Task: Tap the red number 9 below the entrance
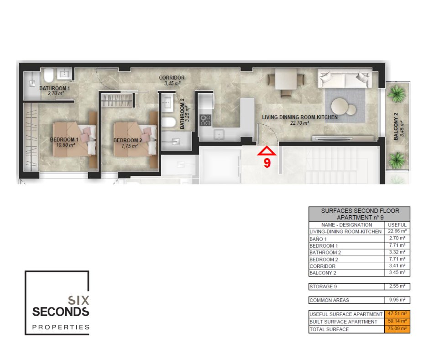click(267, 163)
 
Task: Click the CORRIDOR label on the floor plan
click(172, 78)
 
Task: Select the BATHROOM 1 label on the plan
click(55, 88)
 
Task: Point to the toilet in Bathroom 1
click(49, 75)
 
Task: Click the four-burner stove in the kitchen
click(205, 120)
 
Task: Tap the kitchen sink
click(219, 135)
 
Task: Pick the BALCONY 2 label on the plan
click(396, 127)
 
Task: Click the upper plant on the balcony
click(396, 93)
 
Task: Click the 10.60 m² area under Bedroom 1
click(65, 145)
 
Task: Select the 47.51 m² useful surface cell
click(397, 313)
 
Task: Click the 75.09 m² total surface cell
click(397, 328)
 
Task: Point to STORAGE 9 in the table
click(323, 286)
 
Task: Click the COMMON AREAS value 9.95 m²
click(397, 300)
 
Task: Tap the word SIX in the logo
click(78, 300)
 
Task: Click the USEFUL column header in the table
click(397, 225)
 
